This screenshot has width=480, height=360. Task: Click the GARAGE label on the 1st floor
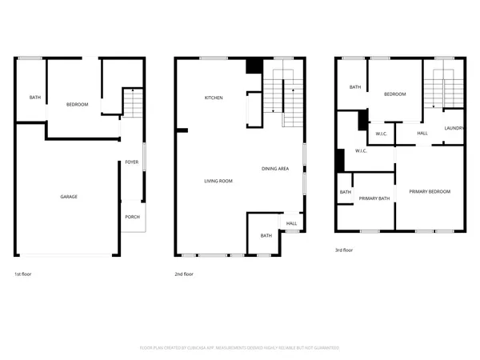click(69, 197)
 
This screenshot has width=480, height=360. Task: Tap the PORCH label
click(131, 217)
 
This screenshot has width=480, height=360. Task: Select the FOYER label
click(131, 162)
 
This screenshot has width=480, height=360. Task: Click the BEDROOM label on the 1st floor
click(77, 105)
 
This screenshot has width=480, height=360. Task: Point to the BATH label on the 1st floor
click(35, 98)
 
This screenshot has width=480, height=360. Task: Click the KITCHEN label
click(214, 98)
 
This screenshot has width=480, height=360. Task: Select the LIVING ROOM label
click(217, 182)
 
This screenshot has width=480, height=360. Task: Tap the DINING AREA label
click(275, 169)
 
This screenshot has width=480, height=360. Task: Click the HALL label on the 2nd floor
click(291, 223)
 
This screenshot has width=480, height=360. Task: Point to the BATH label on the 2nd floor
click(266, 235)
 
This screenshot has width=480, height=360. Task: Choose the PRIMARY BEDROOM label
click(430, 191)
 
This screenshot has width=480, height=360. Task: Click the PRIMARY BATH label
click(374, 198)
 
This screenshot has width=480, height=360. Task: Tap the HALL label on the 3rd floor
click(422, 133)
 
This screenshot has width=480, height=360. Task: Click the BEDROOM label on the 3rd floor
click(395, 94)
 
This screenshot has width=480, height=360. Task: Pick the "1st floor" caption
click(23, 274)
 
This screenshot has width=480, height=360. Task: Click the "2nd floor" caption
click(184, 274)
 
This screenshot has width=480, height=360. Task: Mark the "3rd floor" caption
click(344, 250)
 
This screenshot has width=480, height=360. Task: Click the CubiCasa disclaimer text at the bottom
click(240, 348)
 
